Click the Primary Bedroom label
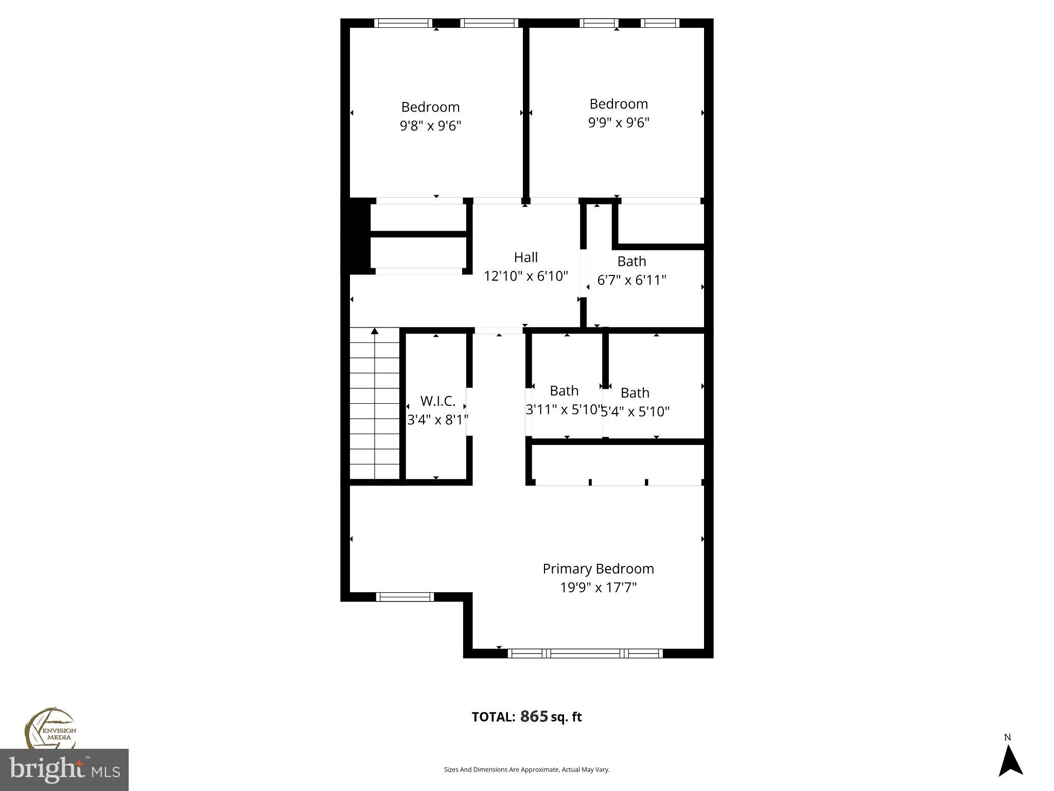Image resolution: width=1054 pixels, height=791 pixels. [x=598, y=569]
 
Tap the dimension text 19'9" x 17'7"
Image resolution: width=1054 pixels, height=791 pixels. [x=598, y=588]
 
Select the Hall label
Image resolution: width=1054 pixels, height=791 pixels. [x=525, y=257]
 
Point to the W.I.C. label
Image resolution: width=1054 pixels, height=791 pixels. [x=437, y=401]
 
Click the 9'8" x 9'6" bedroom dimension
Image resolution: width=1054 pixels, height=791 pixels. [x=430, y=126]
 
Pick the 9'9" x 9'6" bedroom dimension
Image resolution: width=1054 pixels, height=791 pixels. [x=619, y=123]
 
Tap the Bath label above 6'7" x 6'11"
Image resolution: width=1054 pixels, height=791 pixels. [x=631, y=261]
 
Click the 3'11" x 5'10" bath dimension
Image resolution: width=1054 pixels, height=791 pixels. [x=564, y=409]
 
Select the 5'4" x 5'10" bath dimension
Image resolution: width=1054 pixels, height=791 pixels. [x=636, y=411]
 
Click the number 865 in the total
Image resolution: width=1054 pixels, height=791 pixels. [x=534, y=716]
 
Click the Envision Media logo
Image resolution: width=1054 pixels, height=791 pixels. [x=50, y=729]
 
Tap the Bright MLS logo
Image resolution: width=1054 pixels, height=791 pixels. [x=64, y=770]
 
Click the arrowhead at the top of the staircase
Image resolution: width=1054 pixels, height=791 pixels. [x=375, y=331]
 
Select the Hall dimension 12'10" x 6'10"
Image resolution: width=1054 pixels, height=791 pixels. [x=525, y=276]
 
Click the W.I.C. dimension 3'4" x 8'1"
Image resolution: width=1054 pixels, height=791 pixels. [x=437, y=420]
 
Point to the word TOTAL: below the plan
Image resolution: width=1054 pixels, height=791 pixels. [x=493, y=717]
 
